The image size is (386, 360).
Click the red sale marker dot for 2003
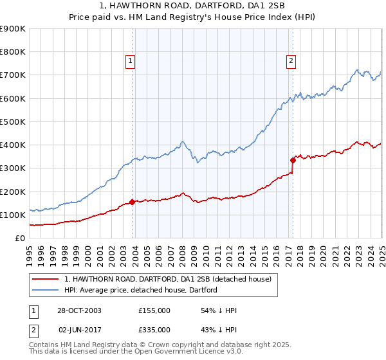pyautogui.click(x=133, y=202)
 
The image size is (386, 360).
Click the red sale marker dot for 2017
pyautogui.click(x=293, y=160)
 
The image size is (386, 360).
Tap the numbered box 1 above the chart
pyautogui.click(x=130, y=61)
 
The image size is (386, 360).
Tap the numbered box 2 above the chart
pyautogui.click(x=291, y=61)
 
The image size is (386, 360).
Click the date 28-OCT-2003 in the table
pyautogui.click(x=78, y=310)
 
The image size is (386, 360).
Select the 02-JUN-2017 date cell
pyautogui.click(x=79, y=330)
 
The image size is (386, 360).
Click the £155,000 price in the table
pyautogui.click(x=154, y=310)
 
